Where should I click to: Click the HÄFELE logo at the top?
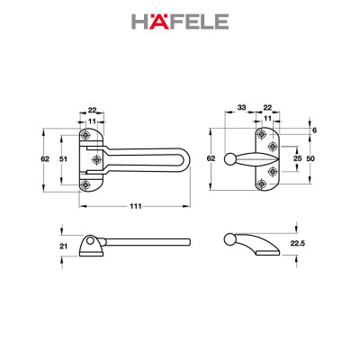pyautogui.click(x=180, y=21)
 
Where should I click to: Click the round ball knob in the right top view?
pyautogui.click(x=231, y=160)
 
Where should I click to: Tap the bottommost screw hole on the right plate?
pyautogui.click(x=261, y=185)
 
